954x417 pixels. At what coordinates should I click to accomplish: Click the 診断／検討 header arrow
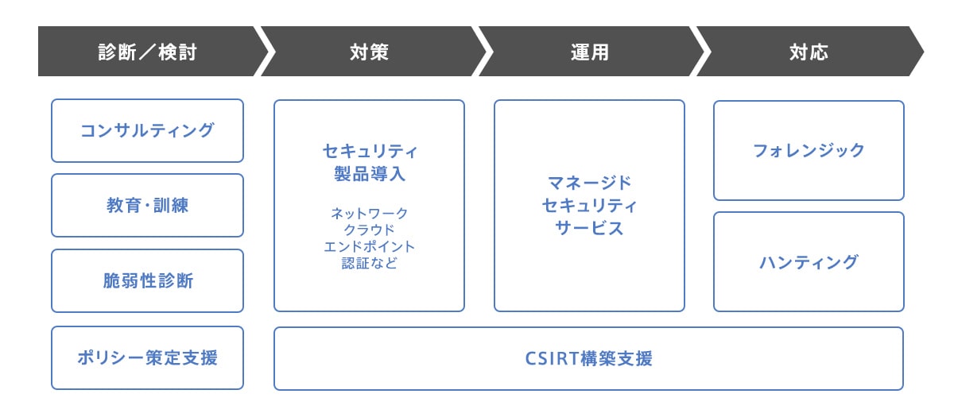(147, 52)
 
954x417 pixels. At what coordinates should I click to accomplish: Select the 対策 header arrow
(370, 52)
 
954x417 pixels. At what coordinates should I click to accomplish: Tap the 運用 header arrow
(589, 52)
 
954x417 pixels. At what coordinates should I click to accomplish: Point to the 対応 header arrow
(809, 52)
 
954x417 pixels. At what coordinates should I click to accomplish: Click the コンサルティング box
(147, 130)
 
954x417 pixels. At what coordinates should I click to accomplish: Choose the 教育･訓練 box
(147, 205)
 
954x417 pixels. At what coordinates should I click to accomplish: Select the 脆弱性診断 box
(147, 280)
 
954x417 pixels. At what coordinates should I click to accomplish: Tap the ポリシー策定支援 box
(147, 357)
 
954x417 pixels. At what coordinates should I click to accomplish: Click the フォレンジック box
(809, 150)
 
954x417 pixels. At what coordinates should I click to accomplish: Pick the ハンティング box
(809, 261)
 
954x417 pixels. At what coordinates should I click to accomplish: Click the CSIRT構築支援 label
(589, 358)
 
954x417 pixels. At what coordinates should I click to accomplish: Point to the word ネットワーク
(369, 214)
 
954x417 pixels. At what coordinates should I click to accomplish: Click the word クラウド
(369, 230)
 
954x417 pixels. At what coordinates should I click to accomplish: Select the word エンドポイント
(369, 246)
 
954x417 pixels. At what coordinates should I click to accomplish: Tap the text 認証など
(369, 263)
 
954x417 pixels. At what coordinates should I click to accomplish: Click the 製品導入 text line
(369, 173)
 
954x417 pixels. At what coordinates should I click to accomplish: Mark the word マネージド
(589, 183)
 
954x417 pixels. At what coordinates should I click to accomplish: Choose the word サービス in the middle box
(589, 228)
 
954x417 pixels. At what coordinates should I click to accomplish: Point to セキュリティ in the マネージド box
(589, 206)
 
